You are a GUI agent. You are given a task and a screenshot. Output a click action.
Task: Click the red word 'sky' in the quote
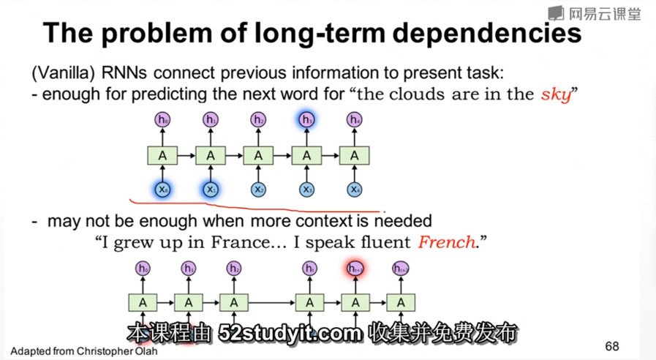click(555, 95)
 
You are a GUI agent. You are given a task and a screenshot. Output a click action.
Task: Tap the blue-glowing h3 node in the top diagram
click(306, 120)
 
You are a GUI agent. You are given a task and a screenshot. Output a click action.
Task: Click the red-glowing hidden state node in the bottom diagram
click(355, 269)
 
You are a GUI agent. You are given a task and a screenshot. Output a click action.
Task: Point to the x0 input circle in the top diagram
click(162, 190)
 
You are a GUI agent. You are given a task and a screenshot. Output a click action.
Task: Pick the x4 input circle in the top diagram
click(355, 190)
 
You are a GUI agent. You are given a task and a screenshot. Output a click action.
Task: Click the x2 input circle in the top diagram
click(258, 190)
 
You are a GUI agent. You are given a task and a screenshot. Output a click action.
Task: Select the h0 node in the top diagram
click(162, 120)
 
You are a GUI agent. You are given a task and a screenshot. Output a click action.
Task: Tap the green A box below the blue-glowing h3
click(306, 155)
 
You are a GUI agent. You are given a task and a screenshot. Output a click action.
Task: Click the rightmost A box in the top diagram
click(355, 155)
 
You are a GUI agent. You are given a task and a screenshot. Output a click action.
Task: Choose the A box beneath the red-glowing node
click(355, 302)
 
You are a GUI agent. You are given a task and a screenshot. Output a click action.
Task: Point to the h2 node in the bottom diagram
click(234, 269)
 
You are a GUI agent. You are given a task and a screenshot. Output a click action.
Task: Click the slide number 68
click(613, 345)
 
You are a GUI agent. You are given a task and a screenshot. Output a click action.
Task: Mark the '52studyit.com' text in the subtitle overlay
click(290, 334)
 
